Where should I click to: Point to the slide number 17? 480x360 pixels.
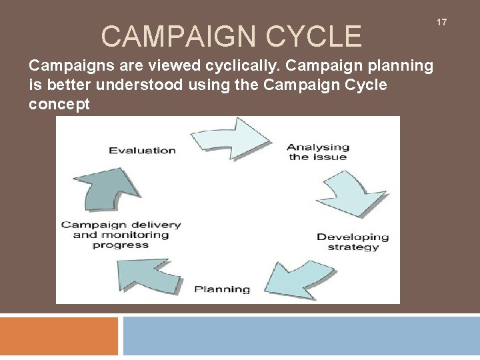coord(441,23)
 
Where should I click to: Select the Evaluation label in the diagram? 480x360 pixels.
coord(142,150)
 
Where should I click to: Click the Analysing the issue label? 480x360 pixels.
coord(318,152)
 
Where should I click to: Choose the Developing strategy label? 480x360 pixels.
coord(353,242)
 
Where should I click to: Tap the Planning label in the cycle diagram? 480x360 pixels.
coord(222,289)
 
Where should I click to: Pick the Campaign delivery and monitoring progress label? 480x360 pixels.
coord(121,235)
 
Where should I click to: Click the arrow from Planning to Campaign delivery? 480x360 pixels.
coord(147,273)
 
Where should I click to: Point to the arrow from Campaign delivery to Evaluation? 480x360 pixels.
coord(107,190)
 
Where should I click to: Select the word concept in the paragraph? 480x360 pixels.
coord(59,105)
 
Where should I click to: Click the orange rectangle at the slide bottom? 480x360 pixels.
coord(59,336)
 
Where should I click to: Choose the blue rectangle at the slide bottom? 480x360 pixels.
coord(301,336)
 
